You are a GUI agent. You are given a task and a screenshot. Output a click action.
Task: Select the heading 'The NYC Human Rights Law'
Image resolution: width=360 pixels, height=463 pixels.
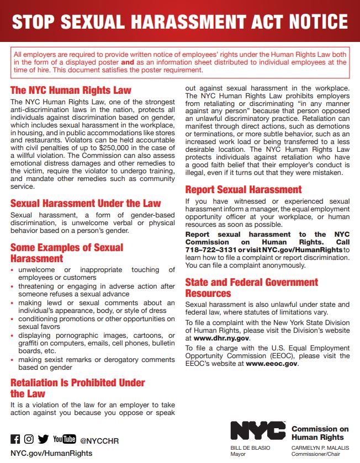(71, 90)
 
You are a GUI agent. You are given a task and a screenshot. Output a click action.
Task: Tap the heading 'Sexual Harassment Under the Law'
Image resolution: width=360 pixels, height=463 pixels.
(86, 203)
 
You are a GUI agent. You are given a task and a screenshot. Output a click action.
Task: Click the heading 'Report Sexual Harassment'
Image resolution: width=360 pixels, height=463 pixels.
(243, 189)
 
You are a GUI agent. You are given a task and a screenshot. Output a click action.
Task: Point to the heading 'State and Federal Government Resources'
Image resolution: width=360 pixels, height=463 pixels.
(251, 288)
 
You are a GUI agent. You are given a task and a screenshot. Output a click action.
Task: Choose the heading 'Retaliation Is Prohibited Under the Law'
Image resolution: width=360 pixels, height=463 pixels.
(77, 388)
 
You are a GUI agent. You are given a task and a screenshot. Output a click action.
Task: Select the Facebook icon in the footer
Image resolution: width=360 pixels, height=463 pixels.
(15, 439)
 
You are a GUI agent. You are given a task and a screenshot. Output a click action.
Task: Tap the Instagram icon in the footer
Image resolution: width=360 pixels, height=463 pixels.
(29, 439)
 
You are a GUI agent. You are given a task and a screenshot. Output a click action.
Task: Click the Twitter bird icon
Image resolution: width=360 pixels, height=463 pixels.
(43, 439)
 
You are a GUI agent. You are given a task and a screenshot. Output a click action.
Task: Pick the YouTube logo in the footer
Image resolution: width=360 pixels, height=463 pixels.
(64, 439)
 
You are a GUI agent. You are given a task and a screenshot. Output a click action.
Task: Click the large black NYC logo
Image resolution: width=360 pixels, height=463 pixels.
(258, 430)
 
